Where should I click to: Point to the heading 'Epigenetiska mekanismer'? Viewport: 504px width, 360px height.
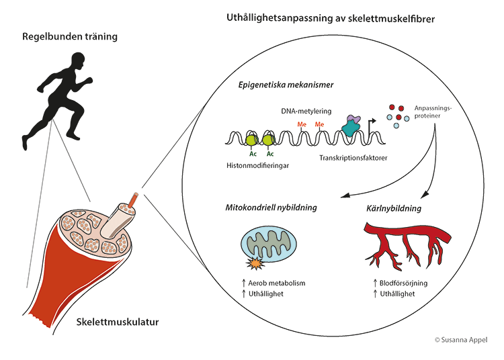286,85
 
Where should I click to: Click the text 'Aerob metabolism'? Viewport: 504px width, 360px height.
277,283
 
